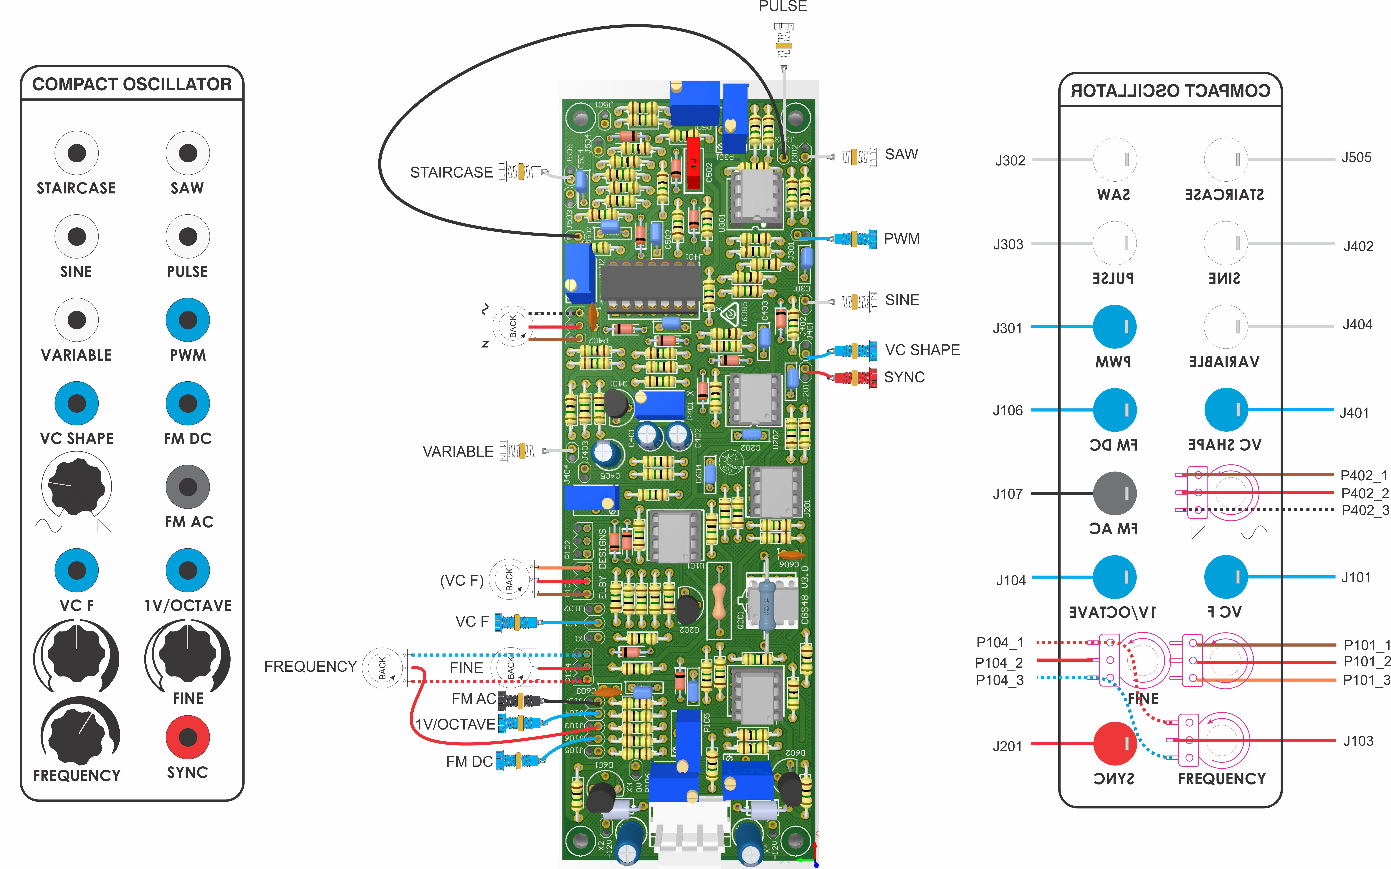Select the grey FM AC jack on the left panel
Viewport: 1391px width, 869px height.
[x=188, y=487]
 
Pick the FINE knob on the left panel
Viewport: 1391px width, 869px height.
[x=188, y=655]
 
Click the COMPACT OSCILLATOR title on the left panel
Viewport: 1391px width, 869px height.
[x=132, y=84]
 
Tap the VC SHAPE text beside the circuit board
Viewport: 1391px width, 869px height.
[x=922, y=349]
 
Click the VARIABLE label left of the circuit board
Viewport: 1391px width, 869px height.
[x=458, y=452]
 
